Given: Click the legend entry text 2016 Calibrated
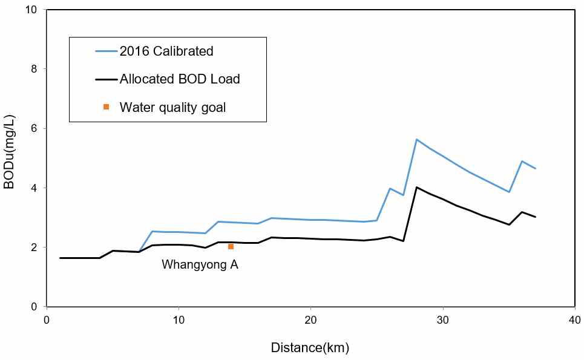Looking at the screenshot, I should tap(166, 51).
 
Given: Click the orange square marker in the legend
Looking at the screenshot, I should tap(107, 107).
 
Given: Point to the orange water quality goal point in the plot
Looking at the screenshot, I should tap(231, 247).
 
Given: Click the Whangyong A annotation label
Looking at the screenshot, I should tap(200, 264).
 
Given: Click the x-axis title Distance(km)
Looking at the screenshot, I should tap(309, 348).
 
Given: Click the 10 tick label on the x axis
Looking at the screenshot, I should tap(179, 319).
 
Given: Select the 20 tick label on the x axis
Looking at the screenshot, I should tap(310, 319).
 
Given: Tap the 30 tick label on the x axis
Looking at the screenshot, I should tap(443, 319).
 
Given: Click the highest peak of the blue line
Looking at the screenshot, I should tap(416, 139).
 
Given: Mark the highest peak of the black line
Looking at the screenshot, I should tap(416, 187).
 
